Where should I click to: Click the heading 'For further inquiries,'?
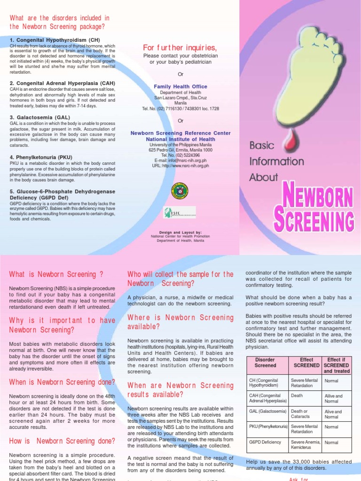(180, 48)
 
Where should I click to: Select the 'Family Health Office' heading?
(180, 87)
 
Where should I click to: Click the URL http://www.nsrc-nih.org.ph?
(180, 166)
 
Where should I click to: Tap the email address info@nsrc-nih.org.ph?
(180, 161)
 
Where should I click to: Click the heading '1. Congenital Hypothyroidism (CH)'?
(55, 40)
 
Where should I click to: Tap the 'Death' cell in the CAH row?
(297, 396)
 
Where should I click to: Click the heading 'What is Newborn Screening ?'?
(56, 274)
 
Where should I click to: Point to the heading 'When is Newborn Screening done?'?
(62, 382)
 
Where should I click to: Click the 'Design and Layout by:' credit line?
(180, 232)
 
